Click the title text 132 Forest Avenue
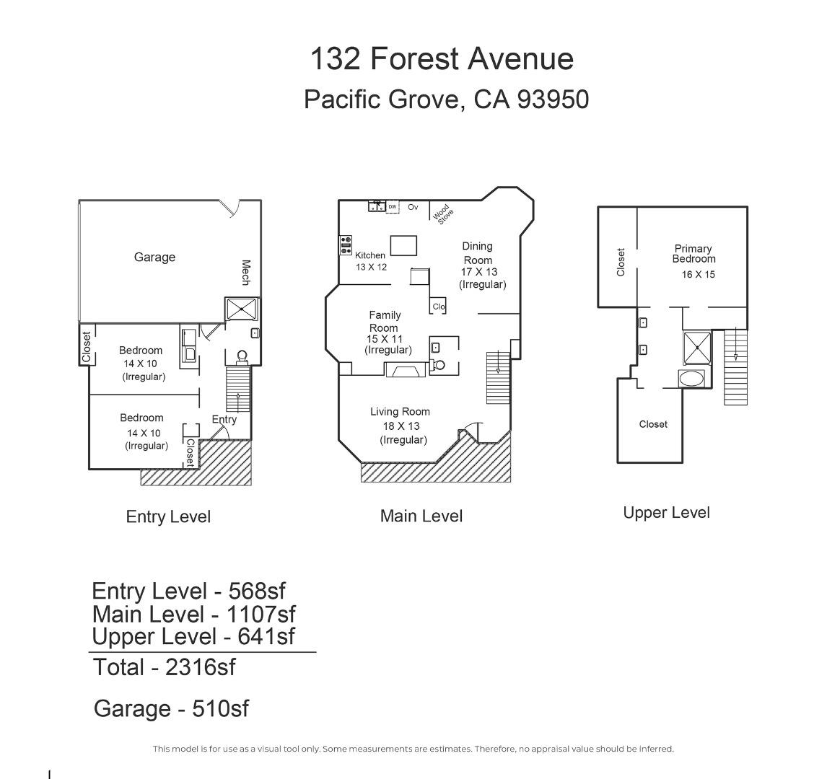442,58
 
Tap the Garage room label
154,258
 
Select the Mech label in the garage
245,273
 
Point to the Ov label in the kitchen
413,207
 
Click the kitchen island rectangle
403,245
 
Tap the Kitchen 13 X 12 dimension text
371,267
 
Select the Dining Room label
477,253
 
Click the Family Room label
384,321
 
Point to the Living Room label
400,412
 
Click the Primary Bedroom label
693,254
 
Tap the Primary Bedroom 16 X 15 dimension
698,275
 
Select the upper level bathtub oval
692,379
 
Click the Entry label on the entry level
224,419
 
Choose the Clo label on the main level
439,307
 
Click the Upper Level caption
666,513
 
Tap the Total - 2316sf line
164,667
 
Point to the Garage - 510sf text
171,709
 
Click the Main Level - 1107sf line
193,615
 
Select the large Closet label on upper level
653,425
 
